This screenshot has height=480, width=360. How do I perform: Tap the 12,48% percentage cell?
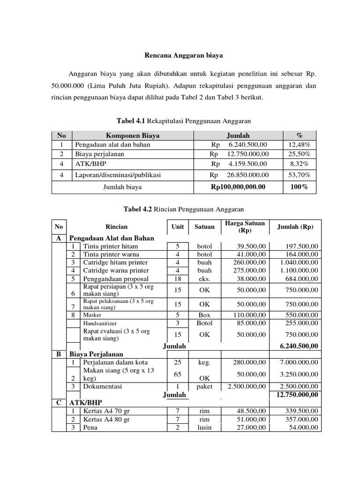pos(299,144)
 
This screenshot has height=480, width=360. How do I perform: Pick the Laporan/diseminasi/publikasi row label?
pos(118,175)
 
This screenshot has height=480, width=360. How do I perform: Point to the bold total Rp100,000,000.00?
pos(238,187)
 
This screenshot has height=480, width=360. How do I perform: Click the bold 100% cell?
pos(299,187)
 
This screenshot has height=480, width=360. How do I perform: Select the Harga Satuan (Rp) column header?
pos(245,227)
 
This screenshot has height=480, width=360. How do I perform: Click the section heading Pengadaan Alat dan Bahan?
pos(112,238)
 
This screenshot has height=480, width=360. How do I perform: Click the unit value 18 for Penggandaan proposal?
pos(178,279)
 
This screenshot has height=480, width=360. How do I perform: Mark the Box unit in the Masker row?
pos(204,315)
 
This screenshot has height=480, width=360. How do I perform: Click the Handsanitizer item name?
pos(100,323)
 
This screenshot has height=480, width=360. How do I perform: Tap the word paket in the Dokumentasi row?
pos(204,387)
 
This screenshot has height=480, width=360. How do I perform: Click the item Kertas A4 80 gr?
pos(106,420)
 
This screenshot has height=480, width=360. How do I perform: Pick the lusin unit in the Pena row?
pos(204,427)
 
